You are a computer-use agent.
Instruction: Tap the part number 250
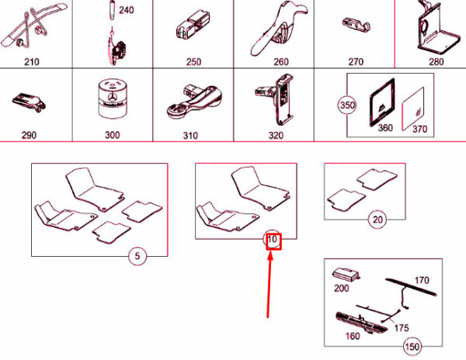193,62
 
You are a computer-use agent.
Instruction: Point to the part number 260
280,62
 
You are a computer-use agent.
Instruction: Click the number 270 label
356,62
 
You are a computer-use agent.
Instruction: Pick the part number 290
29,135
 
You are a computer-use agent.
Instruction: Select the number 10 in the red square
272,241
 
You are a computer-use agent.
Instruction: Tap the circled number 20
377,220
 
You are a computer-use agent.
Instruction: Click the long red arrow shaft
270,287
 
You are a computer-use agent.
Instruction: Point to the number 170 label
422,280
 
